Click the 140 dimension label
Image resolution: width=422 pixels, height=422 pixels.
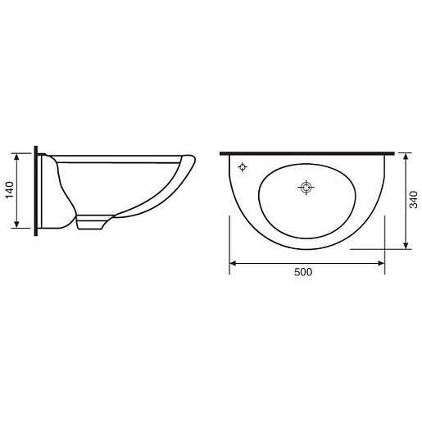(x=10, y=190)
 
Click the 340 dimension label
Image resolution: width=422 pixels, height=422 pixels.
(x=414, y=200)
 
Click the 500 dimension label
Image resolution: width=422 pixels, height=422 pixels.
(x=303, y=272)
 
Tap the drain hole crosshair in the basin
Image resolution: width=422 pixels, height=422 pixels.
(x=306, y=188)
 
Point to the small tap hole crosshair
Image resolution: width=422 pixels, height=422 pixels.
(x=243, y=166)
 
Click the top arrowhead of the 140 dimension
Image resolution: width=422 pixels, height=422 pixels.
(x=16, y=157)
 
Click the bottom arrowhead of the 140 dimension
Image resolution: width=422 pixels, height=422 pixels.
(x=16, y=225)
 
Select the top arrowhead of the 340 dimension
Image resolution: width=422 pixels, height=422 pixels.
(x=406, y=157)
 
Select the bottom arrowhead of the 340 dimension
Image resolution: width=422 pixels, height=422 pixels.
(x=406, y=246)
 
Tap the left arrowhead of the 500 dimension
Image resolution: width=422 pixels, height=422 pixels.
(x=233, y=263)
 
